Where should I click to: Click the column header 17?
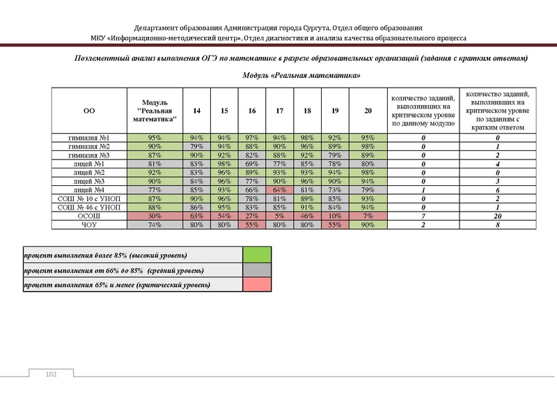[279, 111]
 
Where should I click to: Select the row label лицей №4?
[89, 189]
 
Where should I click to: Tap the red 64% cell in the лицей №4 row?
[279, 189]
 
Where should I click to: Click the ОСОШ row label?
[89, 216]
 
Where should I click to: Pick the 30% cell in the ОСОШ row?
[155, 216]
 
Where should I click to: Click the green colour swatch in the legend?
[256, 255]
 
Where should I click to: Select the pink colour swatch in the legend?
[256, 285]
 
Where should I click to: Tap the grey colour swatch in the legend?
[256, 270]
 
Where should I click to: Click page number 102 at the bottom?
[50, 375]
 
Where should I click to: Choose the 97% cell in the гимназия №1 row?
[251, 138]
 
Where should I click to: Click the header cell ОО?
[89, 111]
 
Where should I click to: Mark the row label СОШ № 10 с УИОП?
[89, 198]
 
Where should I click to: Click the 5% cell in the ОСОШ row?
[279, 216]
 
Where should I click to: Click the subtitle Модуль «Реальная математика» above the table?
[301, 75]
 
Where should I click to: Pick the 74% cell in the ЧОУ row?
[155, 225]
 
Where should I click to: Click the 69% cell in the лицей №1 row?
[251, 164]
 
